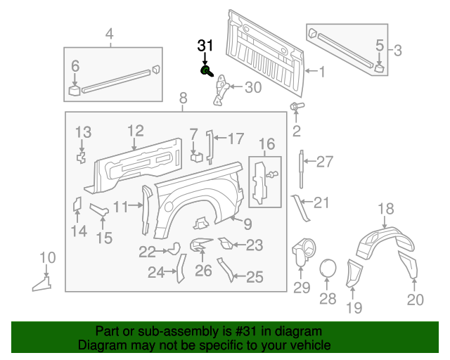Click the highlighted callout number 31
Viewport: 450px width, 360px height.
pos(205,46)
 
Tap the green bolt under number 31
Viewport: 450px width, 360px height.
pos(205,70)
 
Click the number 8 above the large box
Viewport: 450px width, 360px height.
pos(183,98)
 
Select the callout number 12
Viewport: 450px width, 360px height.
pos(135,130)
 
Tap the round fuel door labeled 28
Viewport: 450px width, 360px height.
pos(328,269)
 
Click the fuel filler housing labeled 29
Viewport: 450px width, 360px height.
pos(302,252)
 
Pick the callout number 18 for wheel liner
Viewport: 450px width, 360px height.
pos(386,208)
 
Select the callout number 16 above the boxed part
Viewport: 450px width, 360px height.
pos(266,145)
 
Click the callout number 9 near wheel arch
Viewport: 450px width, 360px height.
pos(247,224)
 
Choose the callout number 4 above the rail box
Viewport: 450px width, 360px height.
pos(109,33)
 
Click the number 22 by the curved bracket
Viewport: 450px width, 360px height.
pos(147,251)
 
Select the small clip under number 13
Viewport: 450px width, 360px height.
pos(82,156)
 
